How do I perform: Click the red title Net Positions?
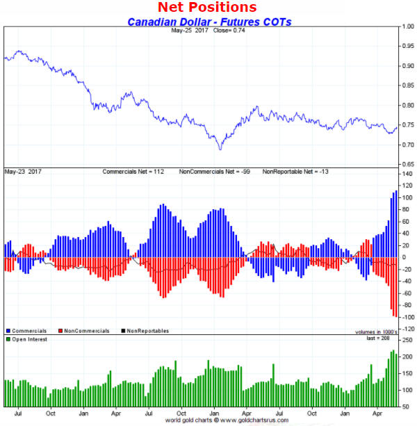[x=207, y=8]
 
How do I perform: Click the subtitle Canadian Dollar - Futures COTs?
[x=209, y=22]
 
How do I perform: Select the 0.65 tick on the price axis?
[x=408, y=164]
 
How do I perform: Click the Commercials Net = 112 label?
[x=136, y=171]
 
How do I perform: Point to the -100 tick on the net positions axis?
[x=405, y=317]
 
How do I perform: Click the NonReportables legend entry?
[x=145, y=331]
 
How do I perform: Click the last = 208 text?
[x=383, y=338]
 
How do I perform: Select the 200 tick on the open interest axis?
[x=407, y=357]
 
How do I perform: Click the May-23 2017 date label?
[x=23, y=171]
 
